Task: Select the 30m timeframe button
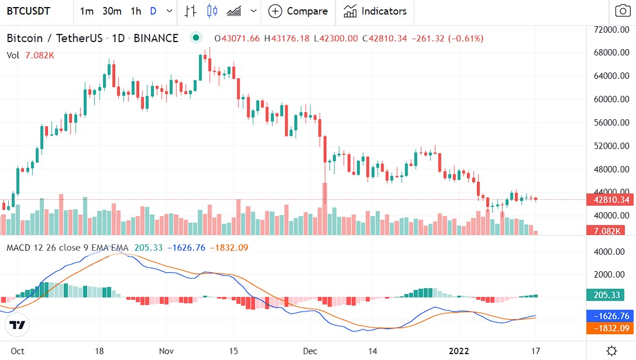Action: [112, 11]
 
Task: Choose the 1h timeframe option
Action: [136, 11]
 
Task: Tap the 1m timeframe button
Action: [87, 11]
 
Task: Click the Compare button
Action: [298, 11]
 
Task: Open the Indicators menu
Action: [375, 11]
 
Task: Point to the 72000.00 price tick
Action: [609, 29]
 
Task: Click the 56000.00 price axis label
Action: [609, 123]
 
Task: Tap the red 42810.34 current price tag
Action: [610, 200]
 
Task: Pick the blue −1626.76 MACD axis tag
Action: [610, 316]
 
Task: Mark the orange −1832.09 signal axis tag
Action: [610, 328]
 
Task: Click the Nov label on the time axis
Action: [167, 351]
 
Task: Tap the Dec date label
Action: [310, 351]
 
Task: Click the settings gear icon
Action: [611, 351]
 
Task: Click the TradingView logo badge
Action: [17, 325]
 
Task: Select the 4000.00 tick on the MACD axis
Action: [609, 252]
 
